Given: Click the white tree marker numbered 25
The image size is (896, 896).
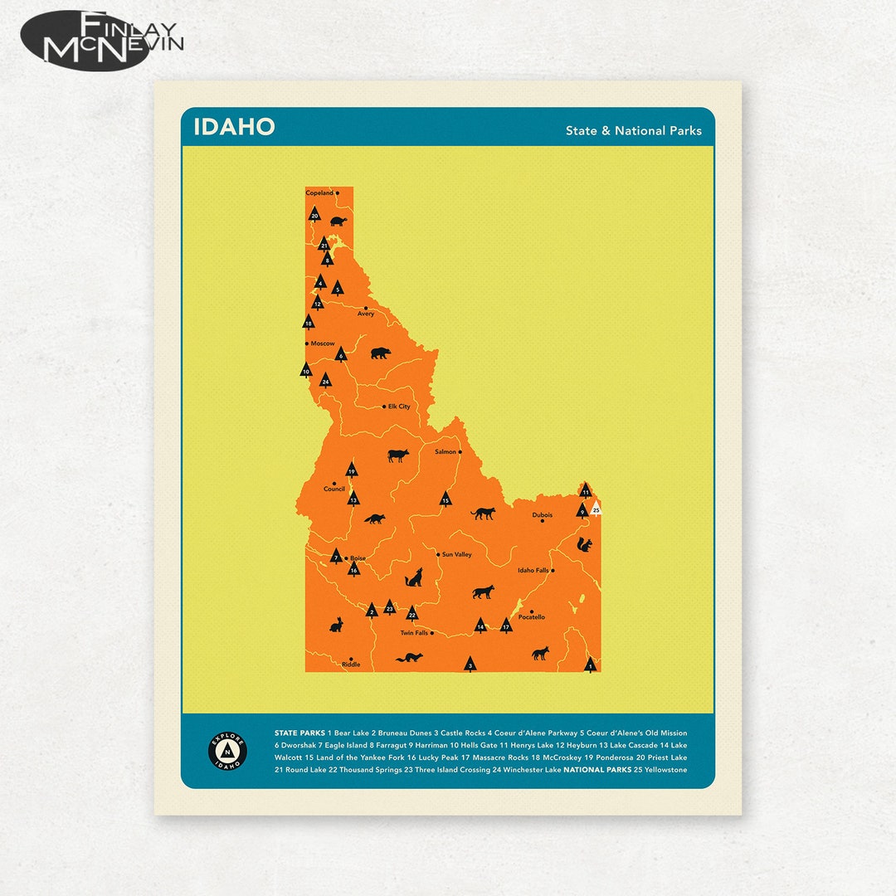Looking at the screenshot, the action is (596, 509).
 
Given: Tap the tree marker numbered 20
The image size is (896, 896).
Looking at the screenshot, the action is (314, 215).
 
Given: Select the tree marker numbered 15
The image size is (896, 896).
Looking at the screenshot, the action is (446, 499).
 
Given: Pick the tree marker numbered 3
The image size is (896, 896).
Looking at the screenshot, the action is (470, 665).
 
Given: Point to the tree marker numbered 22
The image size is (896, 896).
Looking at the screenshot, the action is (411, 613).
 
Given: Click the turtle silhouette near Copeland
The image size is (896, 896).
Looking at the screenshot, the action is (338, 222).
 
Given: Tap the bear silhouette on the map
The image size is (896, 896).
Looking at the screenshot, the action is (380, 353).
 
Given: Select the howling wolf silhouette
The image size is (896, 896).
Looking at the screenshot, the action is (413, 577).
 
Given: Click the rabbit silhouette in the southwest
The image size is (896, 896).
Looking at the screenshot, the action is (336, 624).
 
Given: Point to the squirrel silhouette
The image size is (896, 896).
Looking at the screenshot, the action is (584, 544).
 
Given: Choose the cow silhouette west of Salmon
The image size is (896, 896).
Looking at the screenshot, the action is (398, 455).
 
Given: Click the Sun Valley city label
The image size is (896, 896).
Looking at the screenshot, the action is (456, 554).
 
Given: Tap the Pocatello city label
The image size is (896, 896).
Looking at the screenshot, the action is (531, 617).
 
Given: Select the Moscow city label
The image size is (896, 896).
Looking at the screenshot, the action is (322, 343).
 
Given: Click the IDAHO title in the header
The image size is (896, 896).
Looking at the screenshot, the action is (234, 127).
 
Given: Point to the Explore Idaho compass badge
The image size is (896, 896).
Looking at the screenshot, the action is (227, 751).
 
